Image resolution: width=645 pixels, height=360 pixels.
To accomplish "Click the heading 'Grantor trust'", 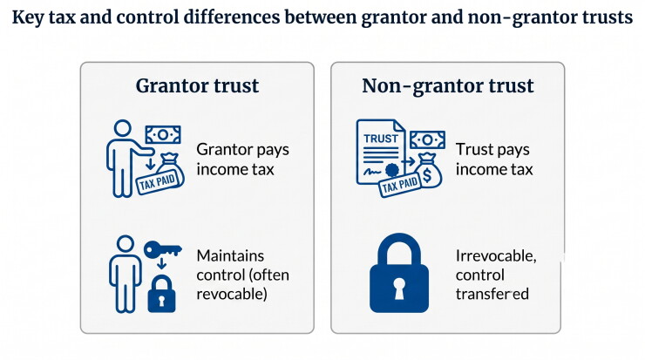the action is [197, 85].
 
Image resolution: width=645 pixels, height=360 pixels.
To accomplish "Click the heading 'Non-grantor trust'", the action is [447, 86].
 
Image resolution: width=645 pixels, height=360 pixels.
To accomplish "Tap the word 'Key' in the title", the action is [28, 17].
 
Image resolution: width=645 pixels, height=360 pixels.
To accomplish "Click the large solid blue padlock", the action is [399, 273].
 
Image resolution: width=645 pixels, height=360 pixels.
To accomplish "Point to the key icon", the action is [162, 249].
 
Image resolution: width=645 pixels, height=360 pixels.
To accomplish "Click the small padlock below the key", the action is [161, 294].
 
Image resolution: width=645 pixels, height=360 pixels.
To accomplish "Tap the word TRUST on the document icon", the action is [381, 139].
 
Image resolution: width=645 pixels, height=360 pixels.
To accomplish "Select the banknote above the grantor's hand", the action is [163, 135].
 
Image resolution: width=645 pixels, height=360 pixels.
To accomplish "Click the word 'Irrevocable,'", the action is [496, 256].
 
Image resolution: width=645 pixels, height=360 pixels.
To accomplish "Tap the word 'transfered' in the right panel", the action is [492, 294].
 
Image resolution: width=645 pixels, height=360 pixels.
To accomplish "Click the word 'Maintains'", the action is [230, 256].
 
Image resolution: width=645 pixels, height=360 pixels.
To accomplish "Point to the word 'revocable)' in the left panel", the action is [232, 294].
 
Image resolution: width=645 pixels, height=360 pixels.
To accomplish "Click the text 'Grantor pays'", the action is [242, 150].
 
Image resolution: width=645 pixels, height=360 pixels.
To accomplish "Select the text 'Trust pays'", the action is [492, 150].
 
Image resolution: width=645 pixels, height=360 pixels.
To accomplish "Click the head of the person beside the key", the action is [125, 243].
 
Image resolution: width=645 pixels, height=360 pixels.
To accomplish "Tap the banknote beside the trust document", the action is [427, 140].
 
